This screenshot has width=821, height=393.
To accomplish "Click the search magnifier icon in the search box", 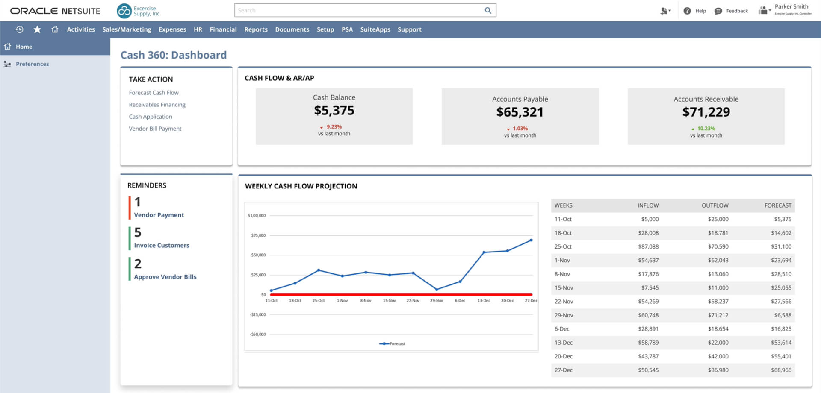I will point(487,10).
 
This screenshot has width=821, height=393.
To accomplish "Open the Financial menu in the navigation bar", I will point(223,29).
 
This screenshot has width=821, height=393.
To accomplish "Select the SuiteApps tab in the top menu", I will point(375,29).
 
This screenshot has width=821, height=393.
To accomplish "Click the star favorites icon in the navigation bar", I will point(37,29).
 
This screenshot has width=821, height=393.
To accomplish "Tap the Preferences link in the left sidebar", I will point(32,64).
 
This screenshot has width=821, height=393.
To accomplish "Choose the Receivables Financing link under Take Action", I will point(157,105).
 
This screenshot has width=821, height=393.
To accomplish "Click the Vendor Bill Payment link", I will point(155,129).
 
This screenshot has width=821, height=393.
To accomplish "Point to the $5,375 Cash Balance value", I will point(334,111).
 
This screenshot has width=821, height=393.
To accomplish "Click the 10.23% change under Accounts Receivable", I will point(706,129).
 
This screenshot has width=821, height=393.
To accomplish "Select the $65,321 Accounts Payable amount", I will point(520,112).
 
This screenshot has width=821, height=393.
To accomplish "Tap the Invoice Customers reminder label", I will point(161,245).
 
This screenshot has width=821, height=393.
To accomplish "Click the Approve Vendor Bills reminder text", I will point(165,277).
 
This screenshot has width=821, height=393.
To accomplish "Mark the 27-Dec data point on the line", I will point(531,240).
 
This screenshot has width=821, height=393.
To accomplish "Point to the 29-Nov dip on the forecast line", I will point(437,290).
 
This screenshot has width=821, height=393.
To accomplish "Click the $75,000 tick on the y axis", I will point(258,235).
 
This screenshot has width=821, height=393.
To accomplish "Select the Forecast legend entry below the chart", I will point(393,343).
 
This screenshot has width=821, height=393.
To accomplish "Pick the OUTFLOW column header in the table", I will point(715,205).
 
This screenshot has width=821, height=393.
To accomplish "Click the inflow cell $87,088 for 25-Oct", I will point(648,246).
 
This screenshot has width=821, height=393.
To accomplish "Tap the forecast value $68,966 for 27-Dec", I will point(781,370).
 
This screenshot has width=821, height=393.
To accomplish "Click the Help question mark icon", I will point(687,11).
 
